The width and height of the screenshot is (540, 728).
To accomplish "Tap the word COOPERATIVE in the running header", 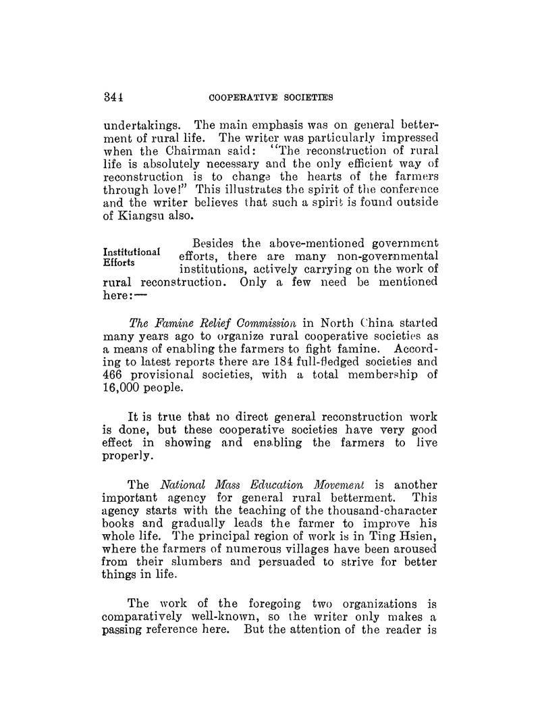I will (x=242, y=97).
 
